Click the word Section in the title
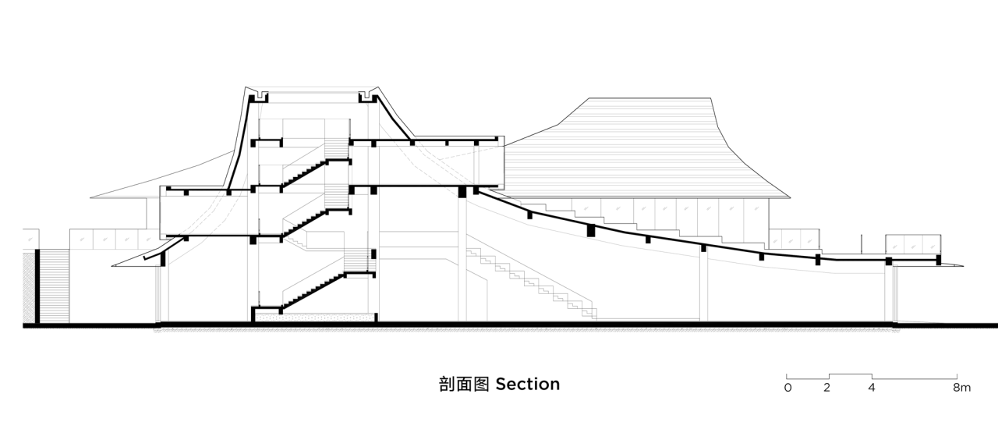click(x=527, y=384)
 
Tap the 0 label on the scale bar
click(x=788, y=388)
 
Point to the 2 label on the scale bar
click(x=826, y=388)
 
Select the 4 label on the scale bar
click(x=872, y=388)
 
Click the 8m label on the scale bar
click(x=961, y=388)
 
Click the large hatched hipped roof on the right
click(x=647, y=148)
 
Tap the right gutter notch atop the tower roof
click(x=365, y=98)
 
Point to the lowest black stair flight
click(x=312, y=290)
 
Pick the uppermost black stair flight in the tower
click(x=304, y=172)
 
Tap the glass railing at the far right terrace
click(x=912, y=244)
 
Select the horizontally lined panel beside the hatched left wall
click(x=53, y=285)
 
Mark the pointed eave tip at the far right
click(x=957, y=267)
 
